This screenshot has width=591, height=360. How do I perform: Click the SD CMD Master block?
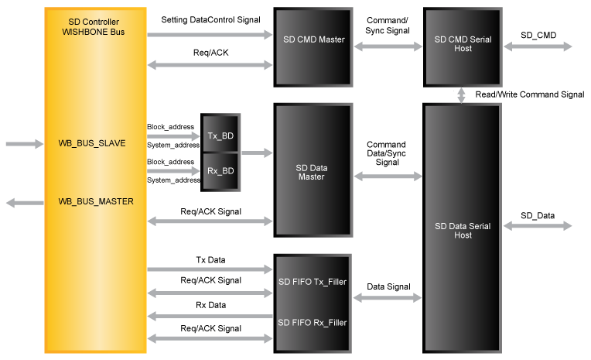[313, 40]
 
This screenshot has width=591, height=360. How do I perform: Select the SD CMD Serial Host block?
[463, 44]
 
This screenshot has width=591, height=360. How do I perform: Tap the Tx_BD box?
[221, 136]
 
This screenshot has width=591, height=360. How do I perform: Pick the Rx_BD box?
[221, 170]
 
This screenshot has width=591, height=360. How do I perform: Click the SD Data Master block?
[313, 172]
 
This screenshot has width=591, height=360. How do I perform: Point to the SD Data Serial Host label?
[463, 230]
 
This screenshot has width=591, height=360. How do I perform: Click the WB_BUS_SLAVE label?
[91, 143]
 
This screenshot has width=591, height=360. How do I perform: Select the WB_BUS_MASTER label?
[95, 201]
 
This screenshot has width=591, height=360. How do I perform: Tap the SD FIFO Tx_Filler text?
[313, 281]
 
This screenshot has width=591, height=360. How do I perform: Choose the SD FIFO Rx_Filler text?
[313, 322]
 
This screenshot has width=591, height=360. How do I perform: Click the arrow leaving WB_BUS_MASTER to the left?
[25, 202]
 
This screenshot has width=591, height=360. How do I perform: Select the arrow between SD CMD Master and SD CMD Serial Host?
[388, 46]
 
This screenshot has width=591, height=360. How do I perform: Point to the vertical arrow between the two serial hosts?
[462, 95]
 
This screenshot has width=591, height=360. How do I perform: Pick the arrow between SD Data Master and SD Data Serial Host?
[388, 177]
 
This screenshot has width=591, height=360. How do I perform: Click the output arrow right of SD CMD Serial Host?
[538, 46]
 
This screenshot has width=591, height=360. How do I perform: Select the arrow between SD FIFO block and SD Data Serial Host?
[388, 297]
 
